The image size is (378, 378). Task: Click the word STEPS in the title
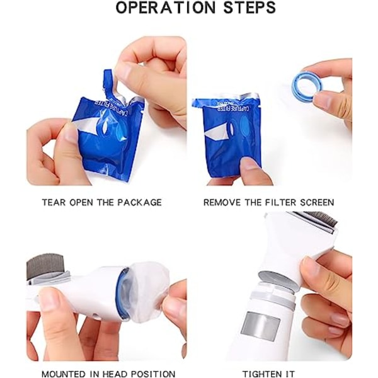point(243,8)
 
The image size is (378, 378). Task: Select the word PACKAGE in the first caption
point(139,202)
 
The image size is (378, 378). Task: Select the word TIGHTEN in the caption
point(263,374)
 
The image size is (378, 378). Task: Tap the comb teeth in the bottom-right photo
point(321,218)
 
